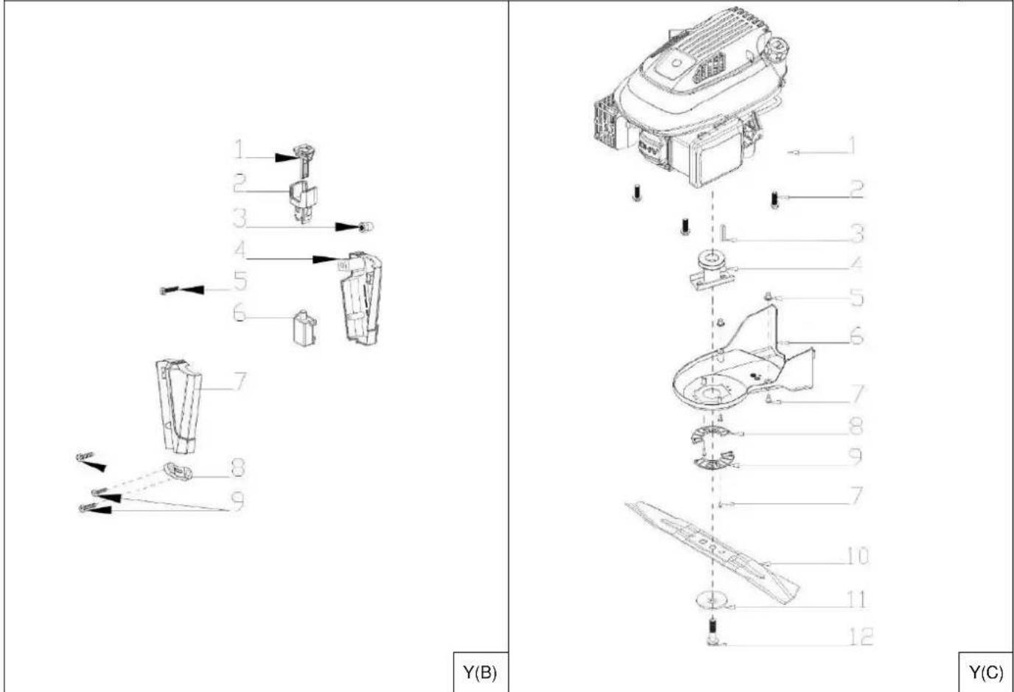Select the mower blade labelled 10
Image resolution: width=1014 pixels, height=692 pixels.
point(712,552)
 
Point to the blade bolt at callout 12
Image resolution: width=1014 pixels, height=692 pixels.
point(712,632)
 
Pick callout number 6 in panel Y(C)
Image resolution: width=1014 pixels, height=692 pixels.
point(856,336)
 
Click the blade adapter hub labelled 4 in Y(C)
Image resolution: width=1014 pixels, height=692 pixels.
point(711,270)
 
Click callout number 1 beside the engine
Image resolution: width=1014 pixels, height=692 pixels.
point(850,146)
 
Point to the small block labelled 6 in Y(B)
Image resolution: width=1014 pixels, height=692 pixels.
point(304,328)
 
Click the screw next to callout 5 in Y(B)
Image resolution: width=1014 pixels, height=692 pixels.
point(169,290)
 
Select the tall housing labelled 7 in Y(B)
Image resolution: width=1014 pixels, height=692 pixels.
point(179,406)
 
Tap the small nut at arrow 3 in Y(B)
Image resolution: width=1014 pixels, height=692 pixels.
point(367,227)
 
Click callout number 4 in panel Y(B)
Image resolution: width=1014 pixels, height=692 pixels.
point(240,250)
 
